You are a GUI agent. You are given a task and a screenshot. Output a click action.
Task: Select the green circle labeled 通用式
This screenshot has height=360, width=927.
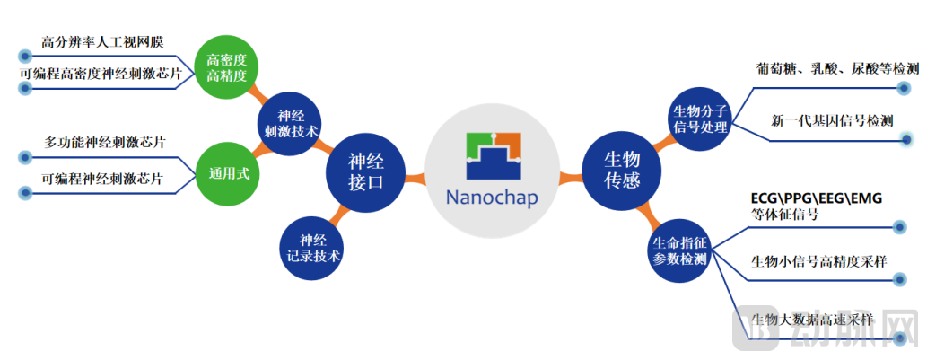(x=229, y=173)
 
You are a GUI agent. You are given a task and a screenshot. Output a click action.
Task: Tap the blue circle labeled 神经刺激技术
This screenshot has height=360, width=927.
(x=290, y=122)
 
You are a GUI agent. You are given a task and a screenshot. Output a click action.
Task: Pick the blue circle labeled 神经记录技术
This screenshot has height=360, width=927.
(x=311, y=249)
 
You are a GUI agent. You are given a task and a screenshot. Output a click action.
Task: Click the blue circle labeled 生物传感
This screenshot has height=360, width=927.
(x=621, y=171)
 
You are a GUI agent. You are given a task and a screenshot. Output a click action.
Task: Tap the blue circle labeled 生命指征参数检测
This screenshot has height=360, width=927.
(x=680, y=250)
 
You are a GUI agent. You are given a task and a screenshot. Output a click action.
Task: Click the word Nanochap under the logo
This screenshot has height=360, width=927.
(x=493, y=198)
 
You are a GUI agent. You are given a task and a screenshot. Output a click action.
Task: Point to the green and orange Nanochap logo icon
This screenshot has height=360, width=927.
(x=493, y=156)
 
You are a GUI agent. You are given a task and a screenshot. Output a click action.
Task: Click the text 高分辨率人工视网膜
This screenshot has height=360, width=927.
(x=102, y=42)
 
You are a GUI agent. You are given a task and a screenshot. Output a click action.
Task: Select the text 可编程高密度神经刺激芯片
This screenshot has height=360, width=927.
(x=98, y=75)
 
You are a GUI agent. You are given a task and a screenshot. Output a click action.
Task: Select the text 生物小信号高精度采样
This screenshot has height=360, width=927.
(x=818, y=260)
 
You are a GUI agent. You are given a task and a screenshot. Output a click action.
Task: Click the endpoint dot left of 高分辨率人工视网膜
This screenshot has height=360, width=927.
(x=25, y=57)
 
